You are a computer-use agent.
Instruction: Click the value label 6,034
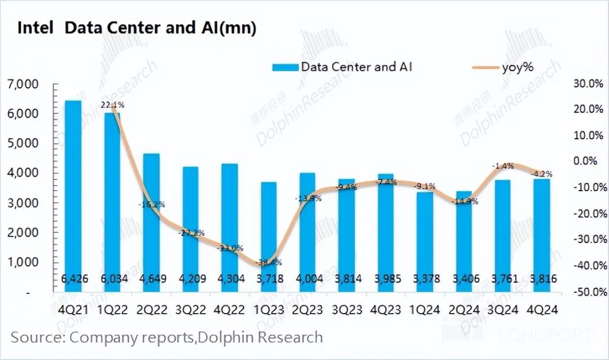[x=112, y=279]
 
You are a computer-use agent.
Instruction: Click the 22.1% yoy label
[x=112, y=105]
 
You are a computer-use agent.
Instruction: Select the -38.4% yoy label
[x=268, y=262]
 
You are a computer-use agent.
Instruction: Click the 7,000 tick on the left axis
[x=23, y=85]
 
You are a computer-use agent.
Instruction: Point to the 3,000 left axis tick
[x=23, y=203]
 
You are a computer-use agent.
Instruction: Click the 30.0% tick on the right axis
[x=588, y=84]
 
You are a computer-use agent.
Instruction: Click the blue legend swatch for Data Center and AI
[x=284, y=68]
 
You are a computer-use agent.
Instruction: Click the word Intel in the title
[x=36, y=28]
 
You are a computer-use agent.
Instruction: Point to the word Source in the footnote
[x=37, y=337]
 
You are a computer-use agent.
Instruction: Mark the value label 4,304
[x=229, y=279]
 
